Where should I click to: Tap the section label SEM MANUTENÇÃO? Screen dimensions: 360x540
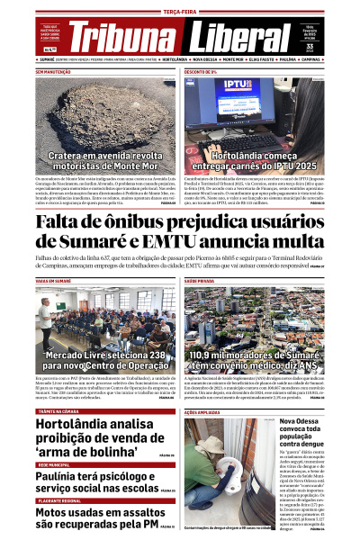(x=53, y=71)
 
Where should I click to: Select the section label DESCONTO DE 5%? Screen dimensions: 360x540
(x=201, y=71)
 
